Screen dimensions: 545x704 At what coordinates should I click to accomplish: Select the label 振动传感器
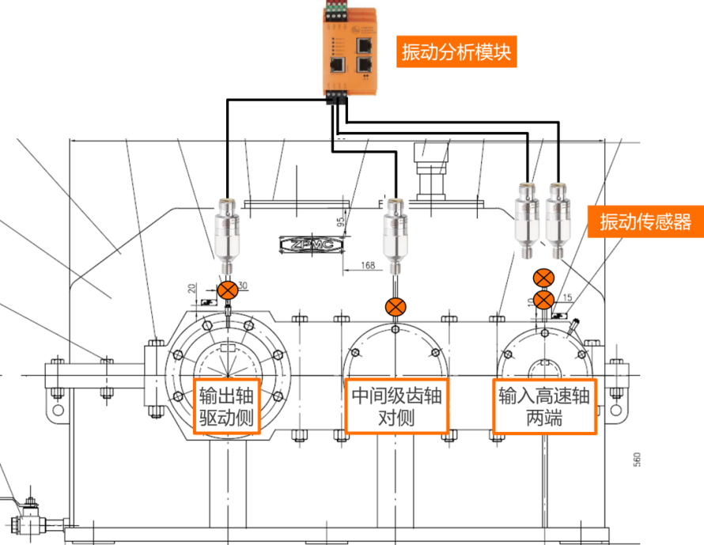pos(645,221)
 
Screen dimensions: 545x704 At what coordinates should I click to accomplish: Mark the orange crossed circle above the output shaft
pos(228,290)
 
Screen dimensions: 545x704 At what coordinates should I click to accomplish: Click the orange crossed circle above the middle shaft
pos(396,306)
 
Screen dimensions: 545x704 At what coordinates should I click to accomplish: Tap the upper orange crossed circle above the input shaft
pos(543,278)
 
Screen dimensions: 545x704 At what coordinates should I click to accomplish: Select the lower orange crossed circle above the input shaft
pos(543,300)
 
